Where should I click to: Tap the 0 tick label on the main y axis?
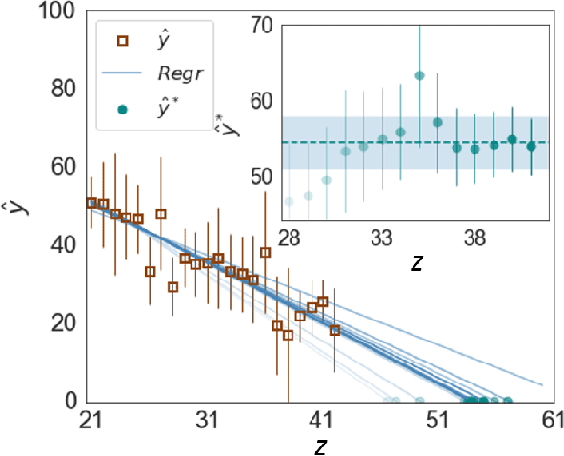pyautogui.click(x=71, y=402)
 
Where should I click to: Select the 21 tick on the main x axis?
pyautogui.click(x=91, y=421)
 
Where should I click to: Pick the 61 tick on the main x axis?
pyautogui.click(x=552, y=421)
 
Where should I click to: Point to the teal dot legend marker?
pyautogui.click(x=122, y=108)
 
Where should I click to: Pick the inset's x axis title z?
pyautogui.click(x=416, y=260)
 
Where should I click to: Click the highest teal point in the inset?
pyautogui.click(x=419, y=75)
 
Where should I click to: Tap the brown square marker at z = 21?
pyautogui.click(x=91, y=203)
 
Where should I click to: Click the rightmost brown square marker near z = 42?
pyautogui.click(x=334, y=330)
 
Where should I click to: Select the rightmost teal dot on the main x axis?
pyautogui.click(x=508, y=402)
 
